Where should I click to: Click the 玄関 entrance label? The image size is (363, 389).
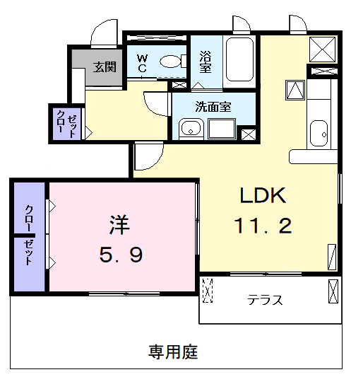(105, 67)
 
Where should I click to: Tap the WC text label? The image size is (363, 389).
(142, 63)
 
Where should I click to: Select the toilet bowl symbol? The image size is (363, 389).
(169, 62)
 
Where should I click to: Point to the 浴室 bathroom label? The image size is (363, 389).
(206, 62)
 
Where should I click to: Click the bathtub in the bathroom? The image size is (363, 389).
(240, 60)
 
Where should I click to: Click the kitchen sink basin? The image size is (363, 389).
(319, 132)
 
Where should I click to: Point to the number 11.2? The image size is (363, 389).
(262, 226)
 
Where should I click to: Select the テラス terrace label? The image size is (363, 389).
(265, 299)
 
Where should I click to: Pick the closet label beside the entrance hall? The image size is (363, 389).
(66, 123)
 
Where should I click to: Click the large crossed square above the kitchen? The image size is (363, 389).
(323, 50)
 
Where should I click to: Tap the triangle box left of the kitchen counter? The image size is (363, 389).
(294, 90)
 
